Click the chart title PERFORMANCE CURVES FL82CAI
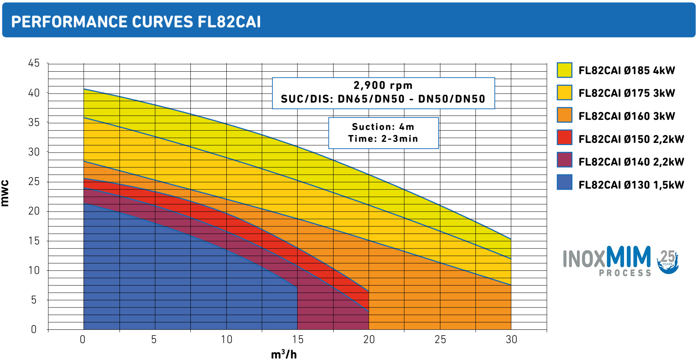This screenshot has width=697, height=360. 136,22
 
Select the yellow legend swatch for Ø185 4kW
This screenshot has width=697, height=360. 564,70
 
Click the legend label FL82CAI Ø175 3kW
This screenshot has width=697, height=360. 626,93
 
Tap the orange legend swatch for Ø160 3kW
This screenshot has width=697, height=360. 564,115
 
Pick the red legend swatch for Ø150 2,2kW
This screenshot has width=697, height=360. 564,138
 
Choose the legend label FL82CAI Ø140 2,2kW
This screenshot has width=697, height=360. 631,162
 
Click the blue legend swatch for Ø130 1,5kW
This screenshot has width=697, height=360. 564,183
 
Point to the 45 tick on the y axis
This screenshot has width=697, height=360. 34,63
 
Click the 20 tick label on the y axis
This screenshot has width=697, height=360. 34,211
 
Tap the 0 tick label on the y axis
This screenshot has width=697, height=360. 34,329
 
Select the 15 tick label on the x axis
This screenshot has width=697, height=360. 298,339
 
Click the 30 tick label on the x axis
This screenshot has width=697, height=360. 511,339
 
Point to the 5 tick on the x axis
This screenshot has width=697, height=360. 154,339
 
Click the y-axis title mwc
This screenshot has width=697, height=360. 5,193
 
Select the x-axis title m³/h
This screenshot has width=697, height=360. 284,355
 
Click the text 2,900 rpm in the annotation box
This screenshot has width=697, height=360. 383,86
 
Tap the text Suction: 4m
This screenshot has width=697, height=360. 383,127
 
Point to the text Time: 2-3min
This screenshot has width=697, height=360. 383,139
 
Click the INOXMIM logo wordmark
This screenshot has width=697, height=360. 607,260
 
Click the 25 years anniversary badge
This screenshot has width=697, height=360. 668,261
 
